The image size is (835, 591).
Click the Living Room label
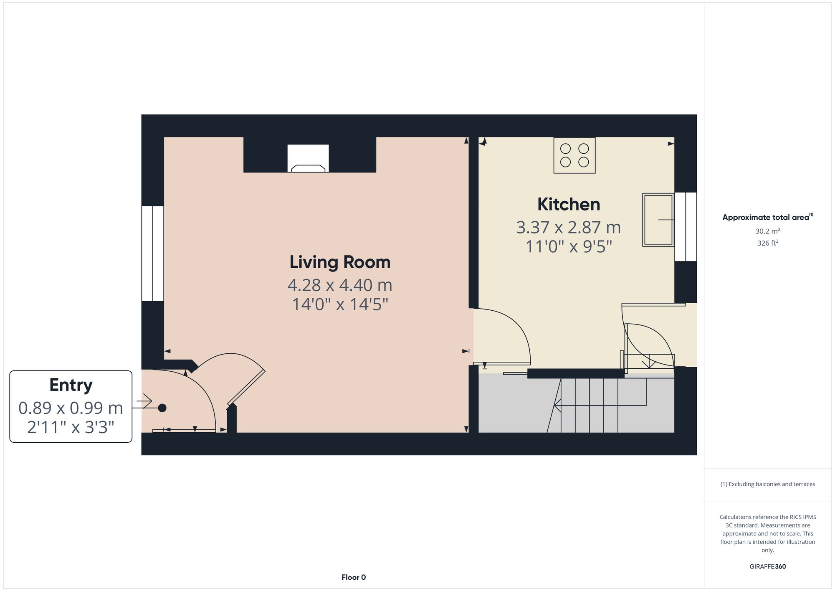pyautogui.click(x=340, y=262)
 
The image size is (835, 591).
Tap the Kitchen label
pyautogui.click(x=569, y=205)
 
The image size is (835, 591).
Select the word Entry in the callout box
pyautogui.click(x=71, y=385)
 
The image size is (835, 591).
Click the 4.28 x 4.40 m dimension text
pyautogui.click(x=340, y=285)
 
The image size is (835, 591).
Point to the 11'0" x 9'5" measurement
pyautogui.click(x=569, y=247)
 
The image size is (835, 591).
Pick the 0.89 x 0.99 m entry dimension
pyautogui.click(x=71, y=408)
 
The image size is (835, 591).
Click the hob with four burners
pyautogui.click(x=574, y=155)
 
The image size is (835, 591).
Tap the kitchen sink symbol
pyautogui.click(x=658, y=220)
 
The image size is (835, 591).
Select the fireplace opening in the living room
pyautogui.click(x=308, y=159)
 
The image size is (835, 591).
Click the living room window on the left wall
pyautogui.click(x=152, y=253)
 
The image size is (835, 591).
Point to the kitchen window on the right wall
pyautogui.click(x=686, y=227)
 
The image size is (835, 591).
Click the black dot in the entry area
pyautogui.click(x=162, y=408)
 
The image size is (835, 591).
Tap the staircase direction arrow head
pyautogui.click(x=557, y=405)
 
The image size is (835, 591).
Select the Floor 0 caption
pyautogui.click(x=354, y=577)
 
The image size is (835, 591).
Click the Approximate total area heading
pyautogui.click(x=767, y=217)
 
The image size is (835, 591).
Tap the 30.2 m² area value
pyautogui.click(x=767, y=231)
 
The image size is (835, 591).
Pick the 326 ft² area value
pyautogui.click(x=767, y=243)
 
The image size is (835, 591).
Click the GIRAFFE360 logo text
pyautogui.click(x=767, y=566)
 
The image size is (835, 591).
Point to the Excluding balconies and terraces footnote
pyautogui.click(x=767, y=484)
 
